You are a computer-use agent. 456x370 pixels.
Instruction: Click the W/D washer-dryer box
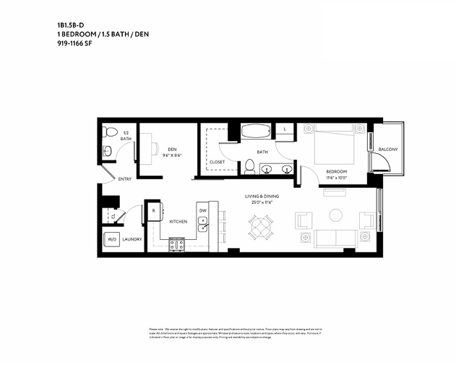point(112,239)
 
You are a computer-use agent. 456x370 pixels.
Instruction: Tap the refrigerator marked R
point(154,211)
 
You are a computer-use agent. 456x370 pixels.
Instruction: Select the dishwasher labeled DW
point(203,211)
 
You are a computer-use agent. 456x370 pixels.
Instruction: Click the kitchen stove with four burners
point(177,244)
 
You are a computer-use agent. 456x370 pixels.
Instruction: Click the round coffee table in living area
point(336,215)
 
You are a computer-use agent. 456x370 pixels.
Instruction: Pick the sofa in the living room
point(335,239)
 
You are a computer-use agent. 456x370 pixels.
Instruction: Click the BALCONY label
point(388,150)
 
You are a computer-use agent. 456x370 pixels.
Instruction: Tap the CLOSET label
point(217,162)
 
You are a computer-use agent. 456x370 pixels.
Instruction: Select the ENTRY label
point(125,179)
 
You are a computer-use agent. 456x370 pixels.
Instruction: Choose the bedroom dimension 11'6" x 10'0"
point(337,177)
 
